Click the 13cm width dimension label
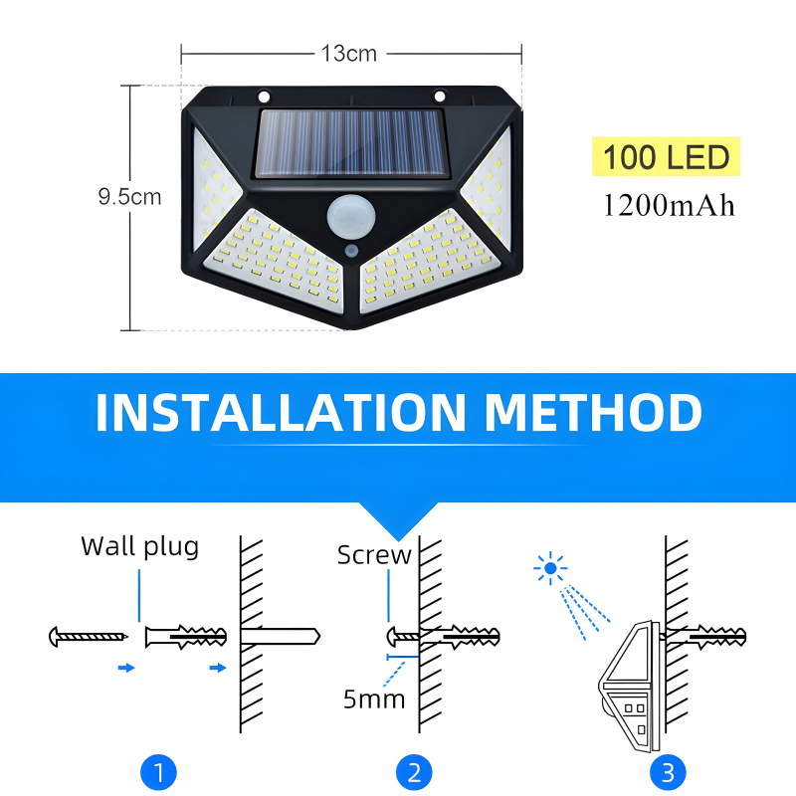349,54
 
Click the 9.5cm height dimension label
129,197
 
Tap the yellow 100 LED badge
667,157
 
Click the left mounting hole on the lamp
265,98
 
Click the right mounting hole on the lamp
438,98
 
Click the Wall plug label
139,546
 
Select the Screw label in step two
374,555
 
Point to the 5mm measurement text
374,698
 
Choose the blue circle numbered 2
414,771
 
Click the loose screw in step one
89,635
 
